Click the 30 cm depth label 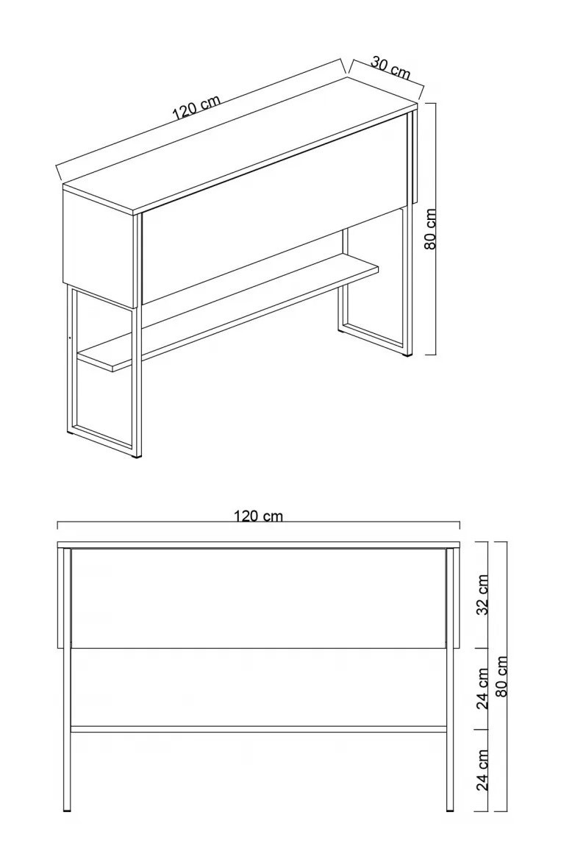coord(390,68)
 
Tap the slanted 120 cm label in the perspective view coord(196,107)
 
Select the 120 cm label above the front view coord(258,516)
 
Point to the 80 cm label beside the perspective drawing coord(432,229)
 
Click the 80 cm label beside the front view coord(502,676)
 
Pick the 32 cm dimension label coord(482,594)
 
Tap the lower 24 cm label coord(482,770)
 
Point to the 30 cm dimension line coord(386,74)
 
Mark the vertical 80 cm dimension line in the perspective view coord(435,228)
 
